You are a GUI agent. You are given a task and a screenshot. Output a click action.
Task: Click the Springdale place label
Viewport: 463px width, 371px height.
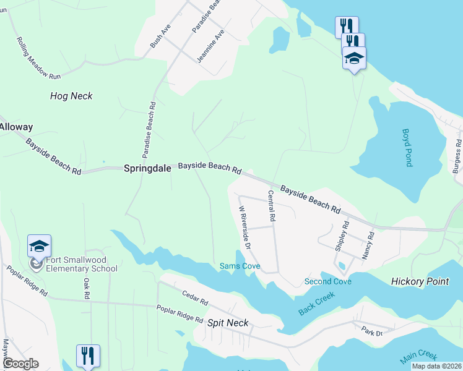pos(149,168)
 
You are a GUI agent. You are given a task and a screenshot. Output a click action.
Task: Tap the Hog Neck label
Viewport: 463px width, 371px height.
pos(71,96)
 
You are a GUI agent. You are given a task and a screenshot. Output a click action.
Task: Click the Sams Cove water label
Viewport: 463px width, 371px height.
pos(240,267)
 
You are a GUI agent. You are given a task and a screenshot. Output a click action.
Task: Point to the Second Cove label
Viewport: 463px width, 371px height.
pos(328,282)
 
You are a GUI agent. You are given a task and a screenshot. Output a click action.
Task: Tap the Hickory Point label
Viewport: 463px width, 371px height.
pos(420,281)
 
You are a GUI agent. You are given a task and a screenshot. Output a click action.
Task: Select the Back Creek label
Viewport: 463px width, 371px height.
pos(317,303)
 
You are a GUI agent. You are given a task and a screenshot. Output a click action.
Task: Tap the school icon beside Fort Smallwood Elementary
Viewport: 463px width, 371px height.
pos(39,247)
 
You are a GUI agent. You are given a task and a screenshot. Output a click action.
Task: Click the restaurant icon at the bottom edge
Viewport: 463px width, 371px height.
pos(87,356)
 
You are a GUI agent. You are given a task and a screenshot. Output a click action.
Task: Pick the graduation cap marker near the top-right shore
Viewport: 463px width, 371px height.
pos(354,58)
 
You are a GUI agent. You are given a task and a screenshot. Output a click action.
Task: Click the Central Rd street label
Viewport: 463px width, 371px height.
pos(270,207)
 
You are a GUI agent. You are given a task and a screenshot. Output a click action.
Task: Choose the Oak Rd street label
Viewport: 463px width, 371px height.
pos(86,288)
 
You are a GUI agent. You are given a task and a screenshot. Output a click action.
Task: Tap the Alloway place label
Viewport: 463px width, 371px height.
pos(15,127)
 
